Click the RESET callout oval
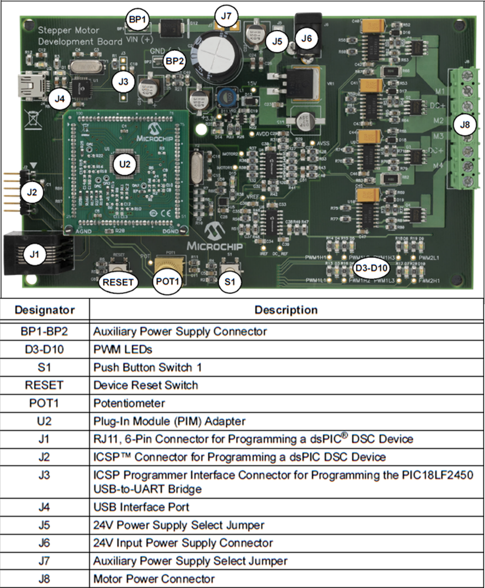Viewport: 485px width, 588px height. (118, 282)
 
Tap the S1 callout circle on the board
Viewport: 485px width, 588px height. (230, 282)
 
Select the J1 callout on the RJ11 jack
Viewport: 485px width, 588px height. (33, 254)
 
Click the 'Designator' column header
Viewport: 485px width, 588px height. (45, 310)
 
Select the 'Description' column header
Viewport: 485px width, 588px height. (286, 310)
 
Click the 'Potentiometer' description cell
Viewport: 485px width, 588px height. (129, 403)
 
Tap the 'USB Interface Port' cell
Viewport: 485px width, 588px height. (141, 507)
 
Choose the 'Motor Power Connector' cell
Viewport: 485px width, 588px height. (154, 579)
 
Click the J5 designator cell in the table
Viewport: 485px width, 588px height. (45, 525)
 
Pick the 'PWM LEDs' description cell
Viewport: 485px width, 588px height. (122, 349)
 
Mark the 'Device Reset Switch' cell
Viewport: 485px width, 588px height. (145, 385)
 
